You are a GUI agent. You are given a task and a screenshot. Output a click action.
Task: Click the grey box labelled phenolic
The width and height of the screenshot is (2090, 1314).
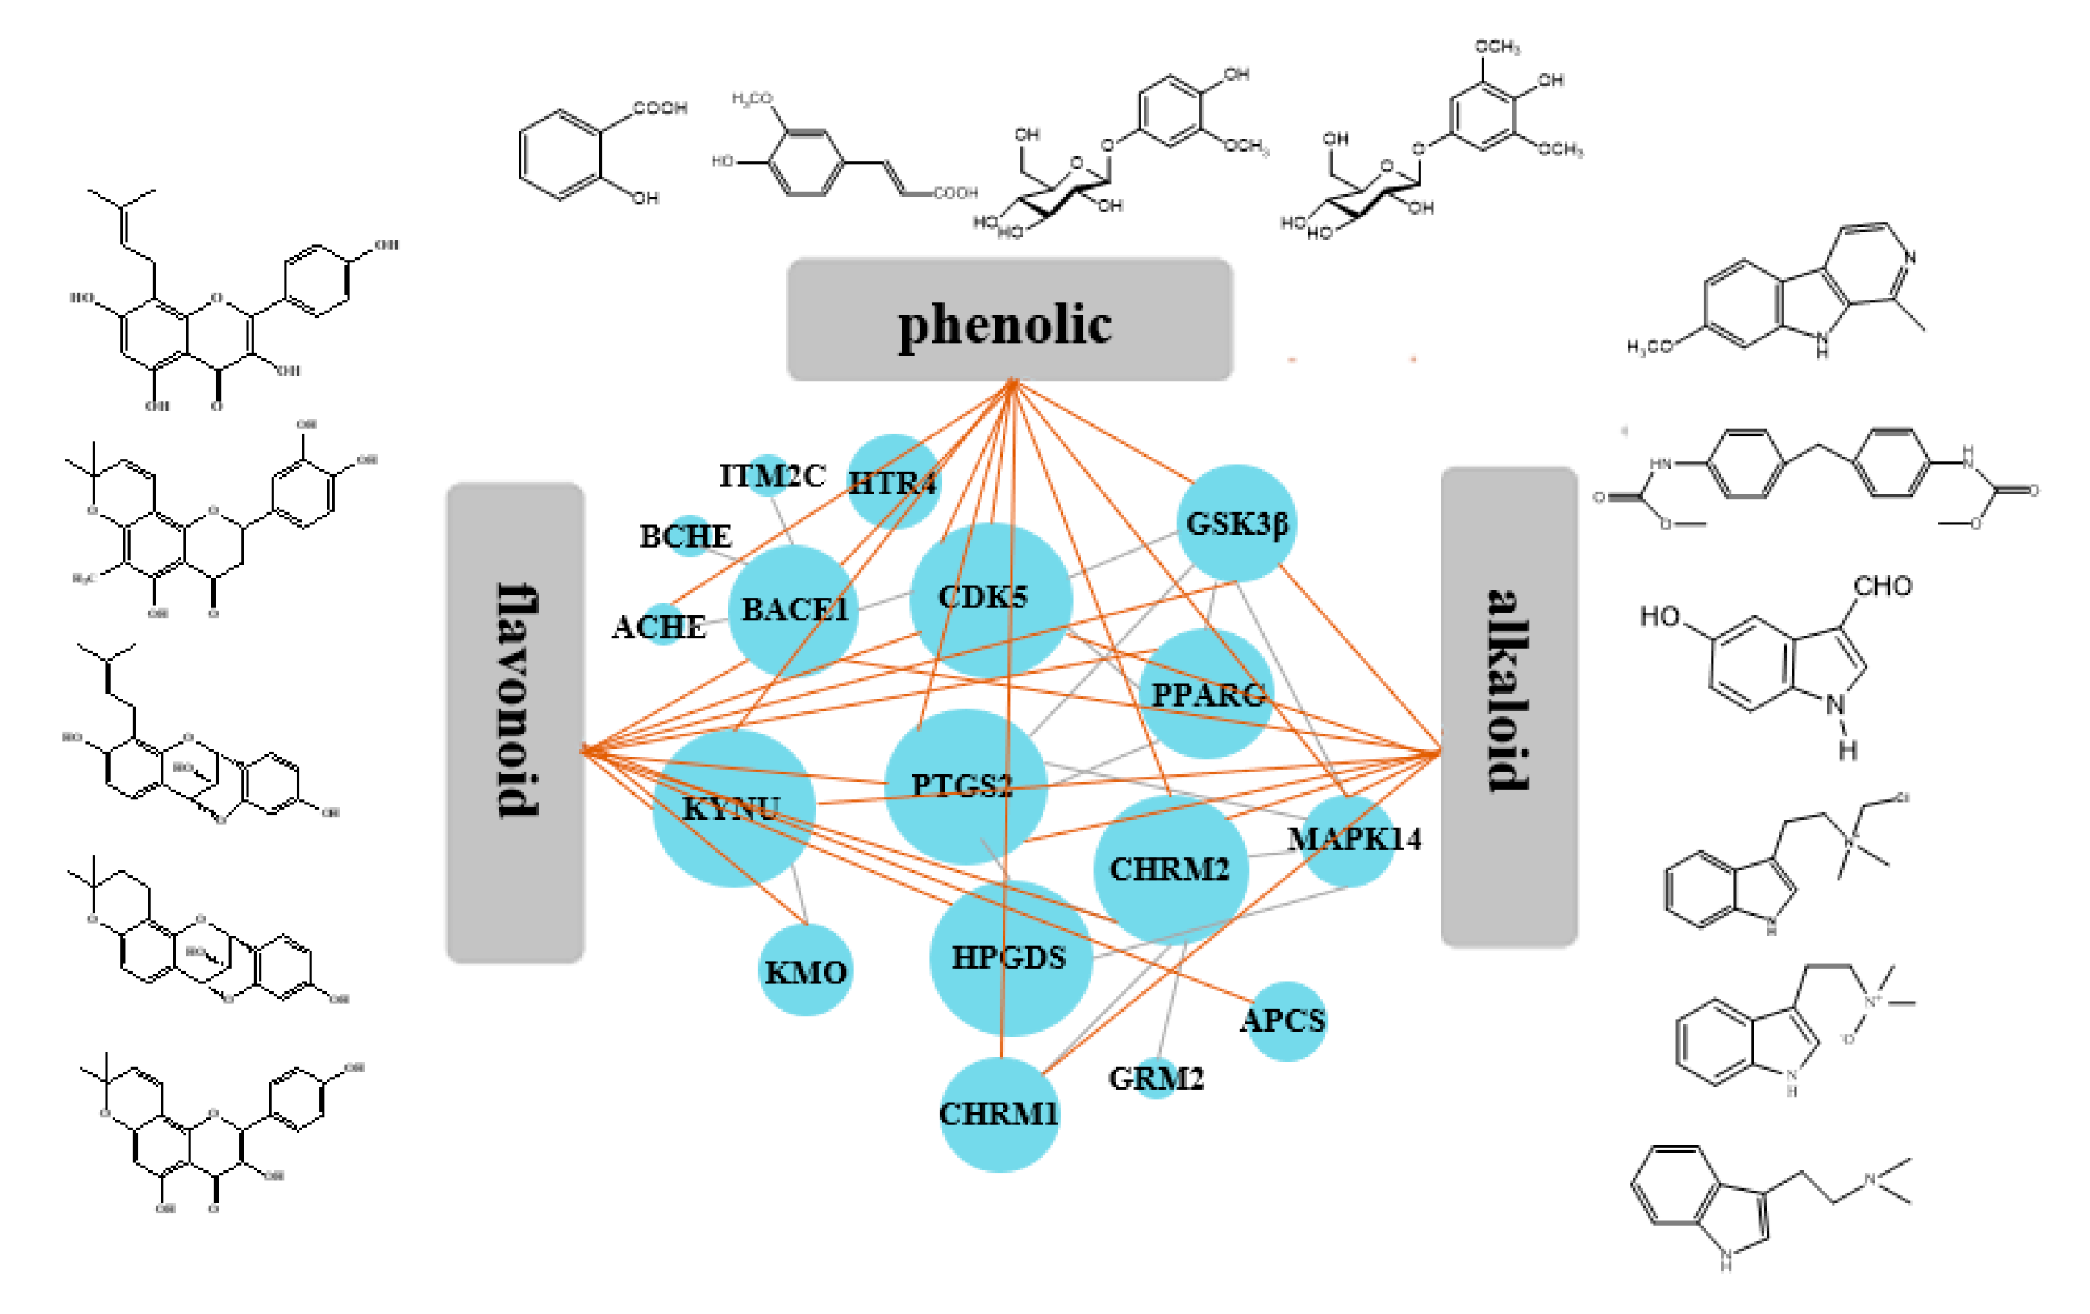(1009, 319)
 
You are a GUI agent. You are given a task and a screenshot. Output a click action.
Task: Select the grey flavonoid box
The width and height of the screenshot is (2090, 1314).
(515, 722)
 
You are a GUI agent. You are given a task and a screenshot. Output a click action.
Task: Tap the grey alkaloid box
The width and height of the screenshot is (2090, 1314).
(1508, 707)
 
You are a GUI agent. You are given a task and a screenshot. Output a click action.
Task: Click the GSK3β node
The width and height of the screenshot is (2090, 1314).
(1237, 524)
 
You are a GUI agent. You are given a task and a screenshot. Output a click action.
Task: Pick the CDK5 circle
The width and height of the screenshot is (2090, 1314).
(991, 599)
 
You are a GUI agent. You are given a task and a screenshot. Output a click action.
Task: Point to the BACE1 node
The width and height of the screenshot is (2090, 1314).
(792, 610)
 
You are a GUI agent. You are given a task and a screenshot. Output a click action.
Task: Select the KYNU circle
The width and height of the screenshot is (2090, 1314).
(733, 808)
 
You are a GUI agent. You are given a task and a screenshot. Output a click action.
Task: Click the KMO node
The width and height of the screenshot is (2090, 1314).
(806, 970)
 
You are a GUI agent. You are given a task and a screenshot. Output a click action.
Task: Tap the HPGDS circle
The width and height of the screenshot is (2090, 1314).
(1009, 958)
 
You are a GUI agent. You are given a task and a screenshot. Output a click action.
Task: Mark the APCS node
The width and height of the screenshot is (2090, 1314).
(1287, 1020)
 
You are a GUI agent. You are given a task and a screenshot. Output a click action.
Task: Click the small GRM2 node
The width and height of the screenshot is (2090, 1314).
(1156, 1078)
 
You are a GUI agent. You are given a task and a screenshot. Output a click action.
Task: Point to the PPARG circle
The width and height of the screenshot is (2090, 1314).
(1207, 695)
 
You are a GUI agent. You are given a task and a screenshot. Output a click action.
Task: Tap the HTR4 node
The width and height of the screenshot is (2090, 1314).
(893, 482)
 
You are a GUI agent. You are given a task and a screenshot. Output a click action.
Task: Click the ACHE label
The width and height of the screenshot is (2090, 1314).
(659, 627)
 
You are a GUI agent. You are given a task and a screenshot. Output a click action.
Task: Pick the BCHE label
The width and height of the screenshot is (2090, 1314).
(686, 536)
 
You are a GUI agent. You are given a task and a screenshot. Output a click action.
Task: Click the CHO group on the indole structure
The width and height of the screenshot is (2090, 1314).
(1882, 586)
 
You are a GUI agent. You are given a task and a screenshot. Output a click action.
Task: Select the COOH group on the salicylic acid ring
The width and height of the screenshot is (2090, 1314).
(660, 107)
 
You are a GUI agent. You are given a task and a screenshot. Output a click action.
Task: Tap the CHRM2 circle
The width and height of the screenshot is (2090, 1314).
(1170, 869)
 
